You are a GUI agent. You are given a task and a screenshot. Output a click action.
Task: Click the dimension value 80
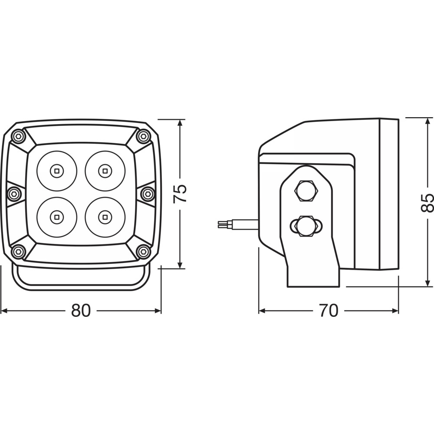pos(81,311)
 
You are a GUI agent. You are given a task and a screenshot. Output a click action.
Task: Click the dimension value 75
pos(180,194)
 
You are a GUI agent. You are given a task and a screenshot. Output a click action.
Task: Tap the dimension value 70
pos(329,311)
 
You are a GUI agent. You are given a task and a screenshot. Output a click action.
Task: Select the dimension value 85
pos(427,203)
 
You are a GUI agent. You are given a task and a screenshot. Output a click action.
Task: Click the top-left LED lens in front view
pos(57,171)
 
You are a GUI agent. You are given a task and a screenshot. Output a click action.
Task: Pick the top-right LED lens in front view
pos(105,171)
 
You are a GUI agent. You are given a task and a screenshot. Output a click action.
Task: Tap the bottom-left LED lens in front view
pos(57,217)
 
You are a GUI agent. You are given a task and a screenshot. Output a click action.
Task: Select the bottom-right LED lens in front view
pos(105,217)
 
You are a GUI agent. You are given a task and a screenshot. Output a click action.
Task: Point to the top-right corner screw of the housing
pos(143,136)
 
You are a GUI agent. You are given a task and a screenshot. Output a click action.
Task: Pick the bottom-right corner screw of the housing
pos(143,251)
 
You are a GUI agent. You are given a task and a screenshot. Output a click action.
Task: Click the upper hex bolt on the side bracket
pos(306,191)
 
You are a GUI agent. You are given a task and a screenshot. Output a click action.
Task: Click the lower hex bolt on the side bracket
pos(306,226)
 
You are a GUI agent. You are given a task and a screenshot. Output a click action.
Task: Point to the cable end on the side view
pos(221,224)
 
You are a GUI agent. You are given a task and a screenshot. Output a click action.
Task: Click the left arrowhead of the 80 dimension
pos(4,311)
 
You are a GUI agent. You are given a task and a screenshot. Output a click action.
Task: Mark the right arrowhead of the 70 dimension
pos(395,311)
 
